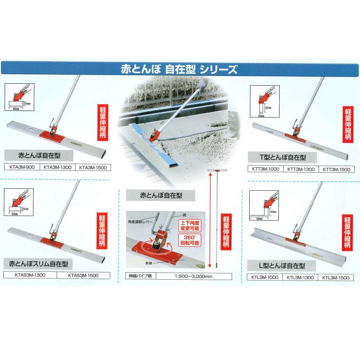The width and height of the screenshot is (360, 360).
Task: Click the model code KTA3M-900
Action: [x=22, y=167]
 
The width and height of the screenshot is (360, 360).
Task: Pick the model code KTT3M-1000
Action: [x=265, y=168]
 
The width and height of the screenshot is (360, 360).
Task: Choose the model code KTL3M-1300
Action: [x=301, y=277]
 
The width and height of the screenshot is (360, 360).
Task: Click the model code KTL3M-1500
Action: [x=335, y=277]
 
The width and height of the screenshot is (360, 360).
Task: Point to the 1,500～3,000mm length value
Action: [x=193, y=276]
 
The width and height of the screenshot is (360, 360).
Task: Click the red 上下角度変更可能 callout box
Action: [x=188, y=226]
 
